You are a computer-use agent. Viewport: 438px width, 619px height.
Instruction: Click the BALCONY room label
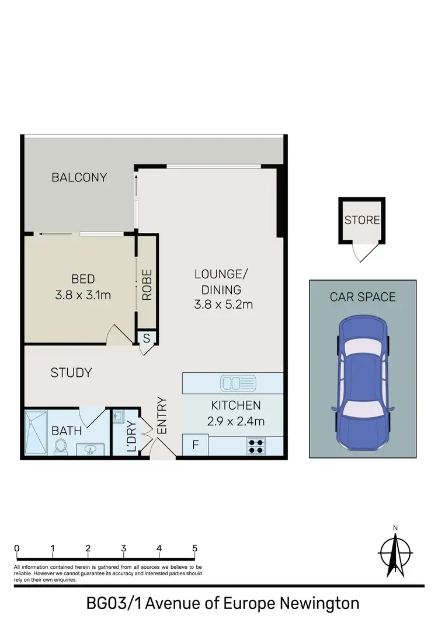click(79, 177)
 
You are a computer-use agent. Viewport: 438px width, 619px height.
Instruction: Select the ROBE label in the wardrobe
click(147, 285)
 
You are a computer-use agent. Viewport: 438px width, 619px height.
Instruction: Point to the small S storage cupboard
click(147, 338)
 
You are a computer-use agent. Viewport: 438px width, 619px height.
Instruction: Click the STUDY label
click(71, 372)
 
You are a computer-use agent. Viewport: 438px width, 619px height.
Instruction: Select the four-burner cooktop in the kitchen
click(256, 446)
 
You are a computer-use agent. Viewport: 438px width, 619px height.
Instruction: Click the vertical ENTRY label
click(162, 415)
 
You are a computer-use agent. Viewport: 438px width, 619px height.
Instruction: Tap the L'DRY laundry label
click(131, 437)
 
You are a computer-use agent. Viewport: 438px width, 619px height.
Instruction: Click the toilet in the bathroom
click(60, 446)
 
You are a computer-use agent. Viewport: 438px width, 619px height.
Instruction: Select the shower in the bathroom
click(36, 433)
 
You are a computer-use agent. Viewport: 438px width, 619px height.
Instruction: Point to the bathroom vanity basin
click(89, 450)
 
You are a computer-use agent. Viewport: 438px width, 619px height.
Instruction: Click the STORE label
click(362, 221)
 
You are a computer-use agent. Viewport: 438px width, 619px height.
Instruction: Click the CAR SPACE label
click(363, 297)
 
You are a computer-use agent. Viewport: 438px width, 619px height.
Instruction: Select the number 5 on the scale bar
click(194, 548)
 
